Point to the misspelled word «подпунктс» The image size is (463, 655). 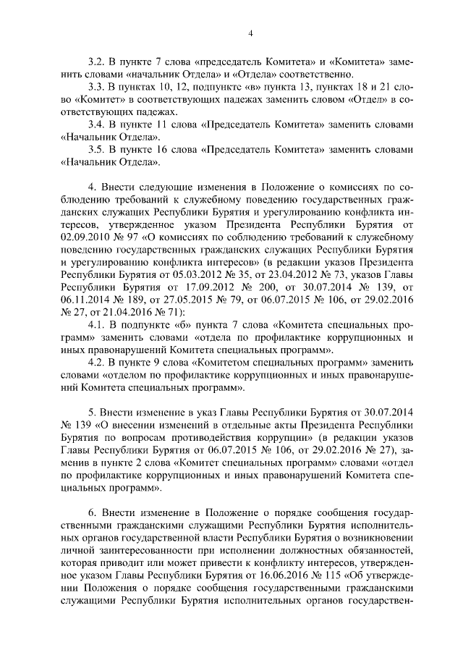(207, 86)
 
